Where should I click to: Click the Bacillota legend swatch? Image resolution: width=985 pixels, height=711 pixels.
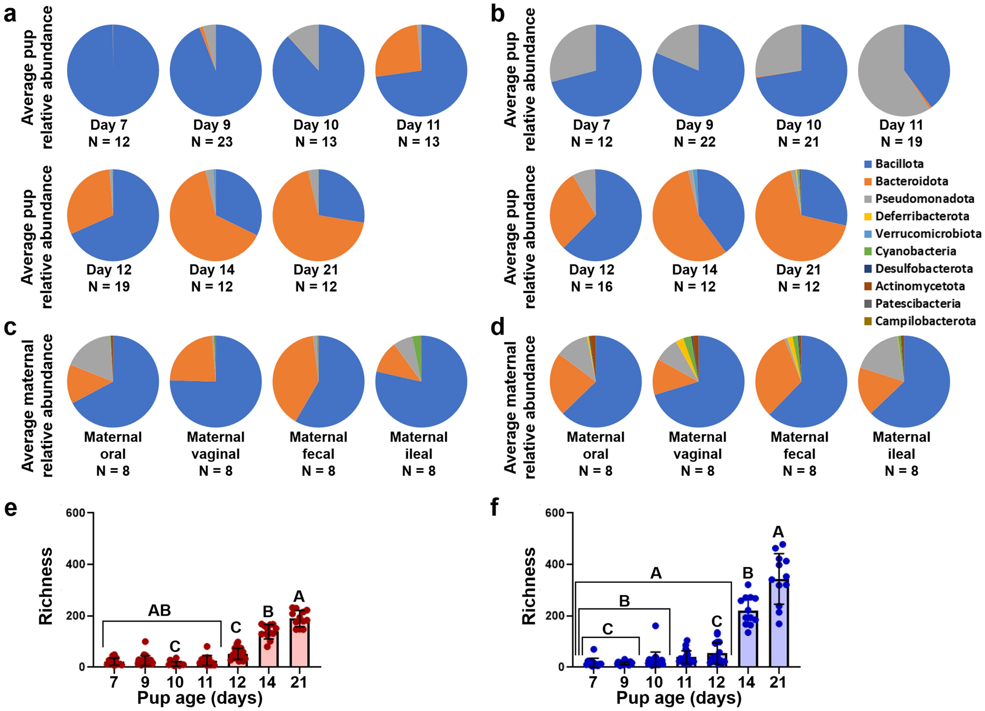click(868, 164)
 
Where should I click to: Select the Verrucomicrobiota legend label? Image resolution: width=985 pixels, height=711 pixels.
click(928, 234)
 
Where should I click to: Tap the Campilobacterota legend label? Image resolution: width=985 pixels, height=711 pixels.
click(925, 321)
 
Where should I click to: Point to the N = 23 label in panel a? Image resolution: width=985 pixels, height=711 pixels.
click(212, 142)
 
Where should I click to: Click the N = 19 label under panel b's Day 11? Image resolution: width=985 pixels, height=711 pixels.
click(901, 142)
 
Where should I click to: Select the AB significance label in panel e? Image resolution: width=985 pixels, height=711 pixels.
click(160, 610)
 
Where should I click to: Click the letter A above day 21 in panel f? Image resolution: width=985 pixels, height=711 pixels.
click(778, 532)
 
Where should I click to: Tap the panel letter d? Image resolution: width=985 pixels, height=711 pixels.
click(498, 328)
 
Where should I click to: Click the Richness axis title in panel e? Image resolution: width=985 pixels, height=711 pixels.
click(46, 586)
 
